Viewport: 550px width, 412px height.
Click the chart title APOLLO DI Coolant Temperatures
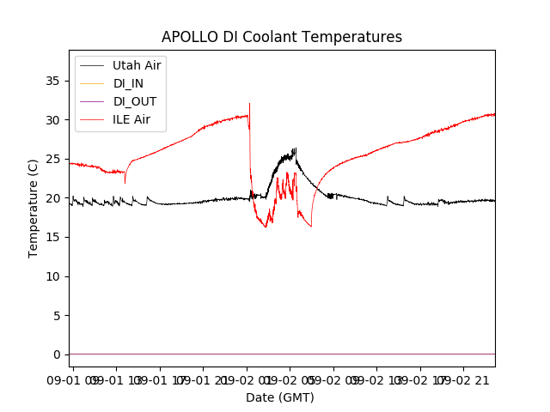(282, 38)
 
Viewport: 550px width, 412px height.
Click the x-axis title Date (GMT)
(280, 397)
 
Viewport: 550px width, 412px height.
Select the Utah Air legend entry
(137, 65)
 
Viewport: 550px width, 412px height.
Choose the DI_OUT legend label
(135, 101)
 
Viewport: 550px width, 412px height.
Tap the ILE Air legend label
(131, 119)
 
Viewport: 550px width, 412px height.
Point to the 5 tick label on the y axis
(58, 315)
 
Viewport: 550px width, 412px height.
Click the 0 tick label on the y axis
(58, 354)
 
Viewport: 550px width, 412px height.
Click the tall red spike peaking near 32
(250, 106)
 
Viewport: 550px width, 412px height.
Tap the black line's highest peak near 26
(295, 149)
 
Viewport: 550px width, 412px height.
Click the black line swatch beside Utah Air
(93, 65)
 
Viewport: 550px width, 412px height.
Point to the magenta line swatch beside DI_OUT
(93, 101)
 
